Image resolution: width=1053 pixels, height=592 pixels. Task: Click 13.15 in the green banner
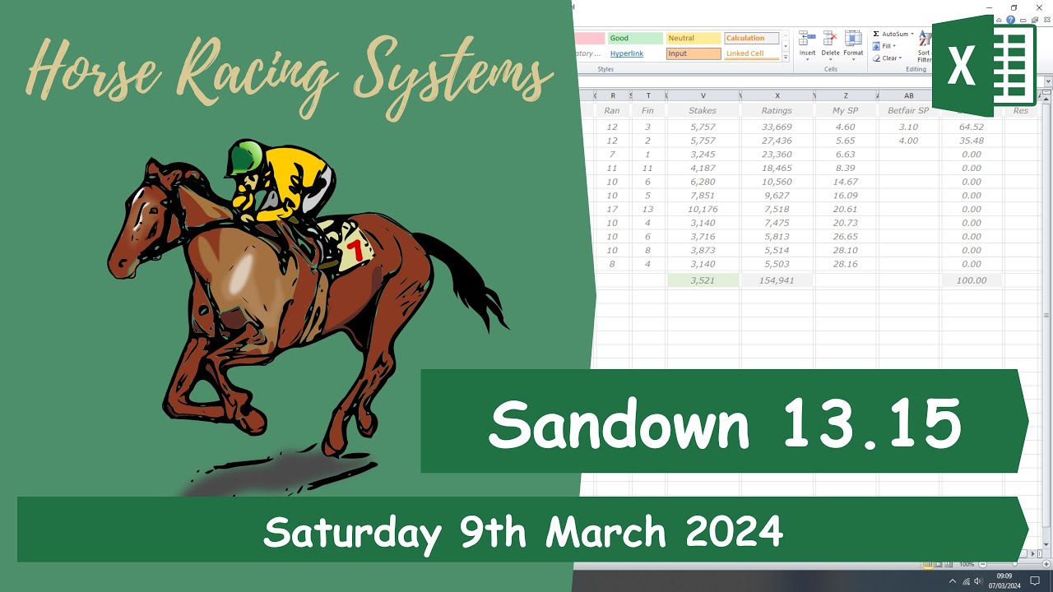871,424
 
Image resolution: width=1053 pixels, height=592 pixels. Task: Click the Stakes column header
703,110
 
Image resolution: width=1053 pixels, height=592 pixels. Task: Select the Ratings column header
777,110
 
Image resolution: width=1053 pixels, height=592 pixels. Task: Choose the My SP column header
845,110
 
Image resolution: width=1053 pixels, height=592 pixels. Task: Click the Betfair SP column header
908,110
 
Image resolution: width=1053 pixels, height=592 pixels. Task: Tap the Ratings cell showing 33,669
777,127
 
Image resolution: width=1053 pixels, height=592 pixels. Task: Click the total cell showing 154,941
777,280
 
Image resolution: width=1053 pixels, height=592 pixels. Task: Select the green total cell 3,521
703,280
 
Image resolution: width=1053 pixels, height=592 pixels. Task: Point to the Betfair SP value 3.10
908,127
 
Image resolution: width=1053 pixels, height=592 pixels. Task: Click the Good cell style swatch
635,38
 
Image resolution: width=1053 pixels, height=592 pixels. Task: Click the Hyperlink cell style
627,53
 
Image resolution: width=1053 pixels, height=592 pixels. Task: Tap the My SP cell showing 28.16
845,264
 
